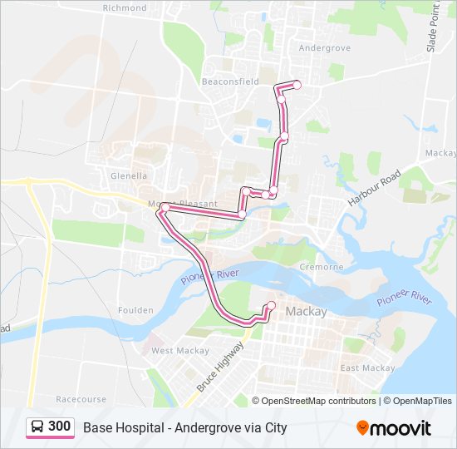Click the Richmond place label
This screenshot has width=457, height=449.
coord(124,7)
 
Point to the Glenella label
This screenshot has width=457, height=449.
coord(128,175)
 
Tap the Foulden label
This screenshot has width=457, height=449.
coord(135,310)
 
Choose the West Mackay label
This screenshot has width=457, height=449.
coord(174,351)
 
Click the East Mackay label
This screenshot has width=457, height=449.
coord(366,368)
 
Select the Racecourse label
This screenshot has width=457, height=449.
coord(81,399)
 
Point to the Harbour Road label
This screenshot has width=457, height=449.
coord(374,190)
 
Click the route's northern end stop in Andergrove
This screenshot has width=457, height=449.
coord(297,85)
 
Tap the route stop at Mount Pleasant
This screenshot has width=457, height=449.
coord(165,207)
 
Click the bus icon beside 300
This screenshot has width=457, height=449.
coord(38,427)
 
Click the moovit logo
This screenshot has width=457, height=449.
coord(394,428)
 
